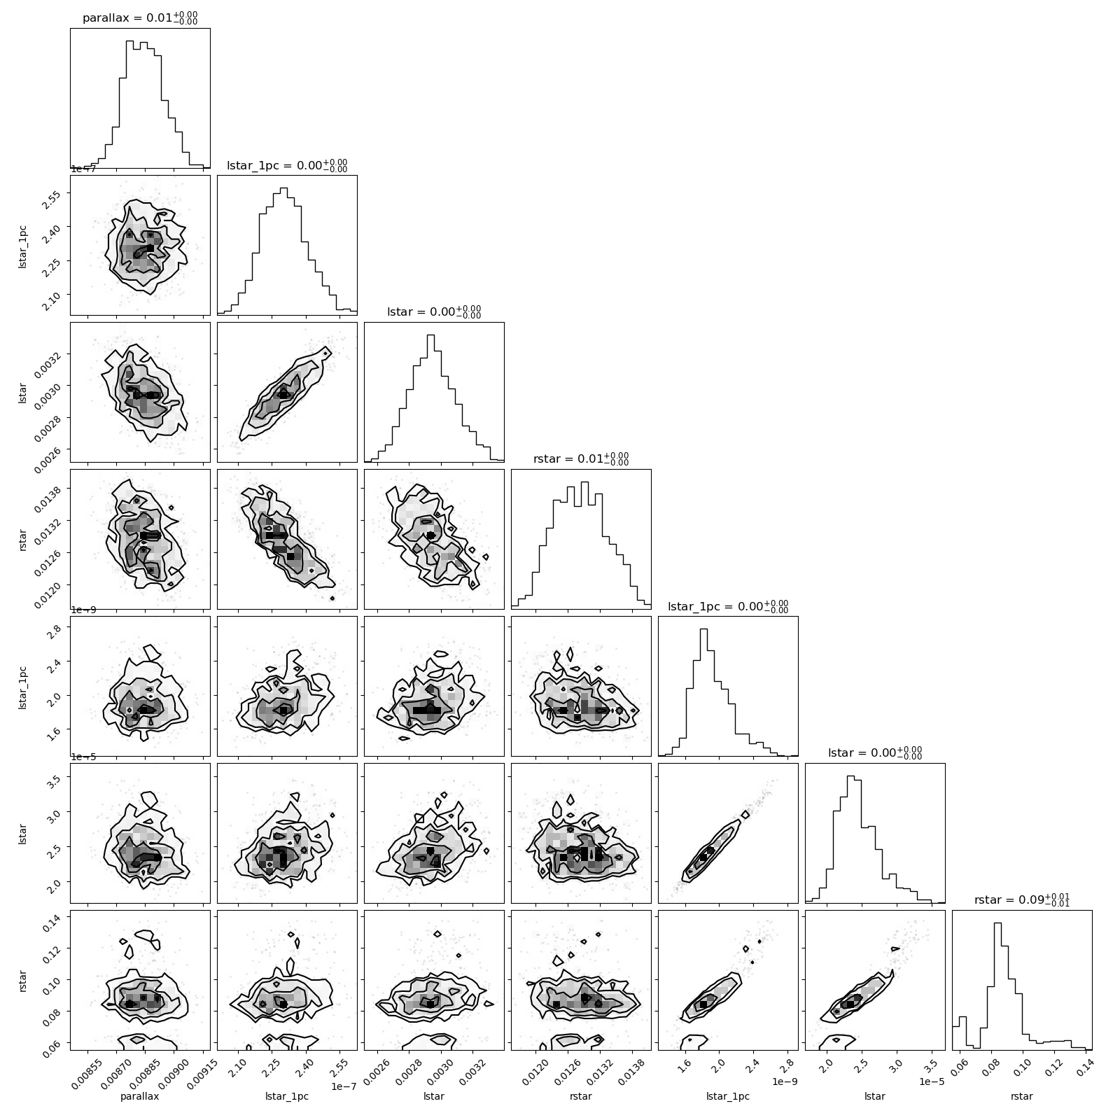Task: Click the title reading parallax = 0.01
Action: (140, 18)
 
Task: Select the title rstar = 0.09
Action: (1022, 900)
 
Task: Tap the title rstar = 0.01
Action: (581, 459)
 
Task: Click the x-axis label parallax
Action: (140, 1096)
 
